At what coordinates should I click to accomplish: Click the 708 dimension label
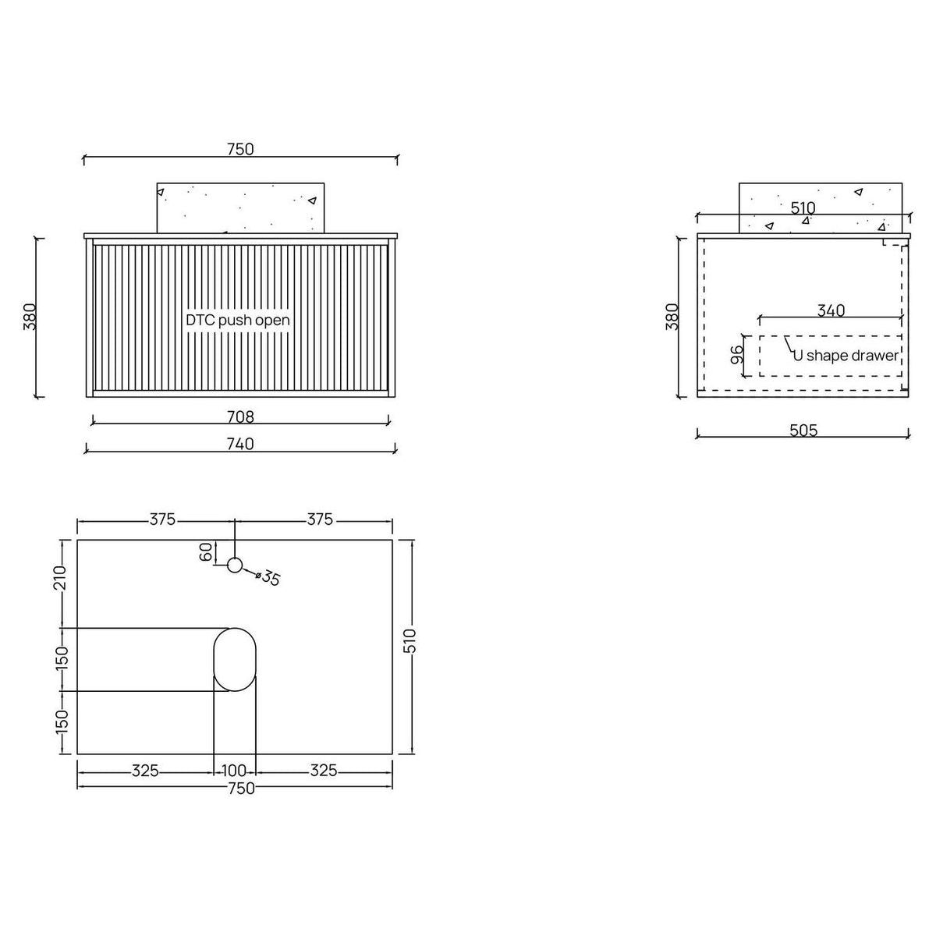click(240, 417)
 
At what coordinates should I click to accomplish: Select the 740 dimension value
click(240, 444)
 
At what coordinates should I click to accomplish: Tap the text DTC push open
click(238, 320)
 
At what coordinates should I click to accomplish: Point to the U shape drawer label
click(846, 356)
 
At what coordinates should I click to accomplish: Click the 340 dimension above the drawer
click(831, 310)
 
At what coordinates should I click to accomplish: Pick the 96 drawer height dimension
click(737, 355)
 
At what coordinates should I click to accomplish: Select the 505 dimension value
click(804, 431)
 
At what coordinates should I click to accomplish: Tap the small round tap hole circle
click(235, 565)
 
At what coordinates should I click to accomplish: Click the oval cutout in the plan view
click(235, 659)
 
